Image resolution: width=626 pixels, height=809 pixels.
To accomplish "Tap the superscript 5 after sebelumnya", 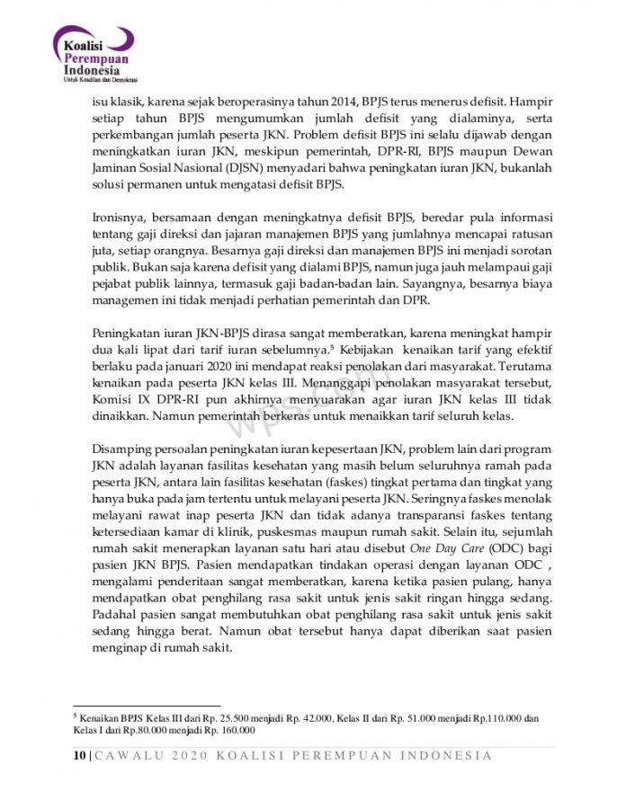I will [x=358, y=345].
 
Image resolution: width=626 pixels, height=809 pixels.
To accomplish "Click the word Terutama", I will [x=523, y=365].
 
